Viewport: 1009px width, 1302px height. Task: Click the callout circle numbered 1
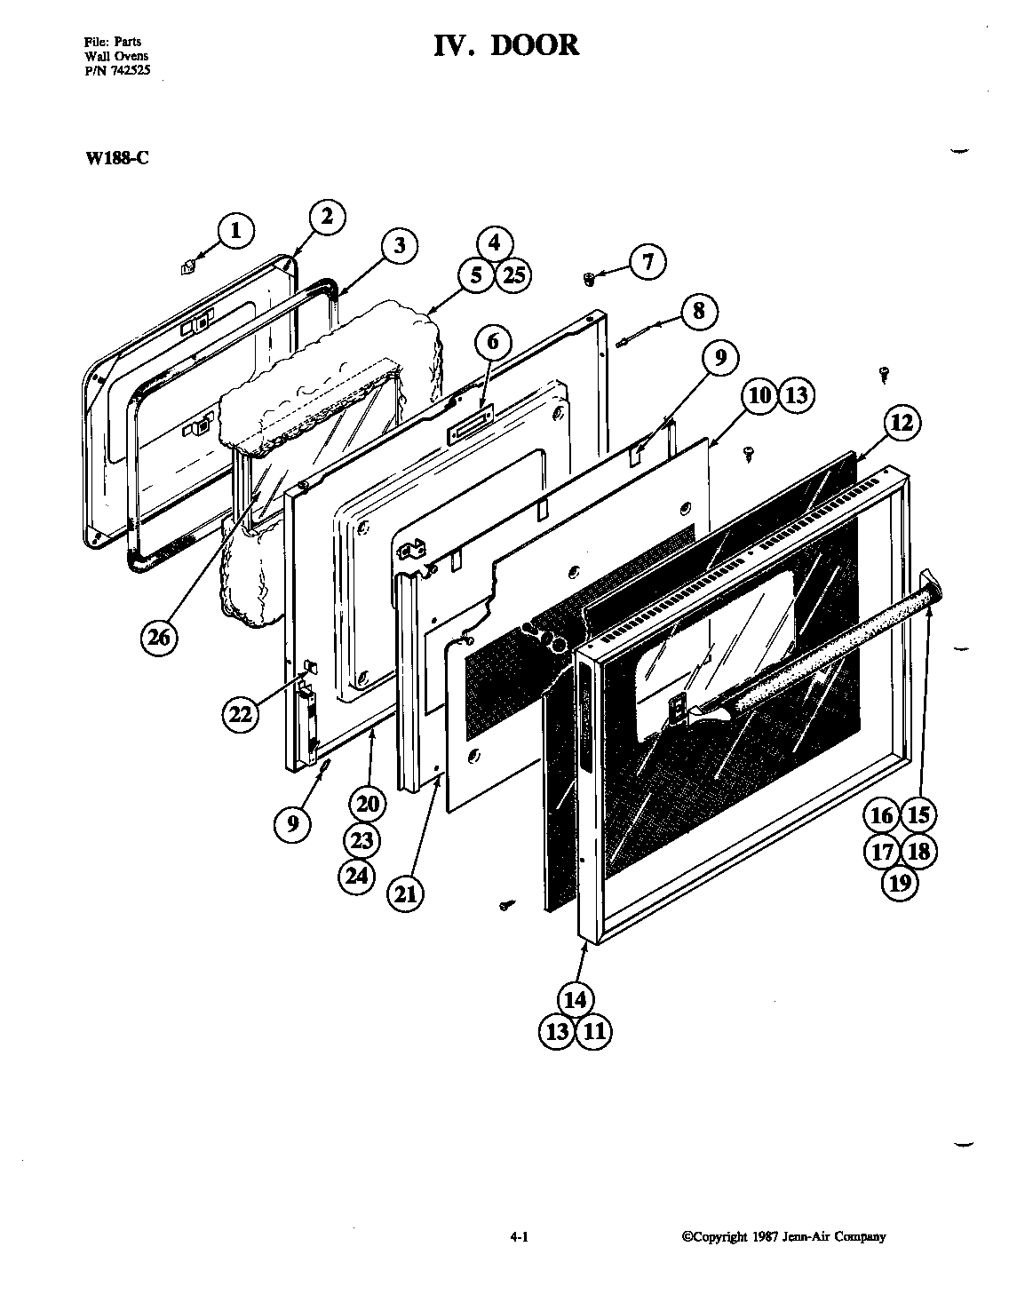234,232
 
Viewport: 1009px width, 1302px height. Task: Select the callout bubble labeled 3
400,245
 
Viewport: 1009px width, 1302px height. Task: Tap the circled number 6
493,342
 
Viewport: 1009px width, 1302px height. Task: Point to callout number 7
648,261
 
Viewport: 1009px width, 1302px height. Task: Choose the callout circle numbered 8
700,310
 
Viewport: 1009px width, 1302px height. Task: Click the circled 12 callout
902,423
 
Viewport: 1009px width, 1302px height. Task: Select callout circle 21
405,893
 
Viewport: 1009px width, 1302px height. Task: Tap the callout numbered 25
512,275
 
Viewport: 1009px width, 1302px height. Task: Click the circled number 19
900,882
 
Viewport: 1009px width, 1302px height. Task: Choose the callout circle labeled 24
357,875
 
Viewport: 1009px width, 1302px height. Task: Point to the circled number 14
576,999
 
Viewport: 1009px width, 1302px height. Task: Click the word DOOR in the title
535,44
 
